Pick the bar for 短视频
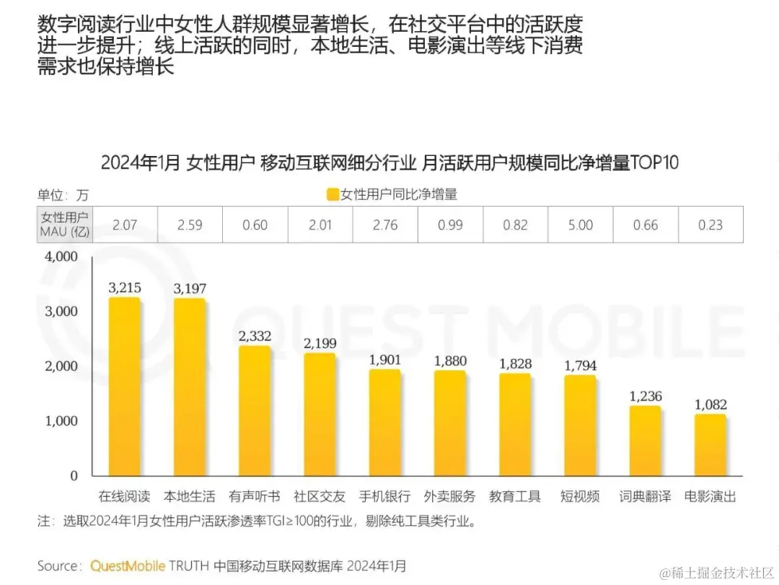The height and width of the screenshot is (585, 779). pos(580,425)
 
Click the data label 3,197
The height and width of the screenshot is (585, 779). pos(190,289)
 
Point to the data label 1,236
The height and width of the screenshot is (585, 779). pos(646,396)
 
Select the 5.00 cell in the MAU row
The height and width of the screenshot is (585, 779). pos(580,225)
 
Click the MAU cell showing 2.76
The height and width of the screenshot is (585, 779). pos(385,225)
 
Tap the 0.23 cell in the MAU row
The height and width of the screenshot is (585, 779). pos(710,225)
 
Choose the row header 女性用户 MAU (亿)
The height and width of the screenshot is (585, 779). pos(64,225)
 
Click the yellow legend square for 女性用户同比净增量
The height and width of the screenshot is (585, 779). pos(333,194)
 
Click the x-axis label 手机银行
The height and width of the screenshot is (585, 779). pos(385,497)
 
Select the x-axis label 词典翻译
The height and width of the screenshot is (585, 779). pos(646,497)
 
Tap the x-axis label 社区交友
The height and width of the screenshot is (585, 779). pos(320,497)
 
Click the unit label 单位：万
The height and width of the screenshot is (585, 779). pos(63,195)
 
